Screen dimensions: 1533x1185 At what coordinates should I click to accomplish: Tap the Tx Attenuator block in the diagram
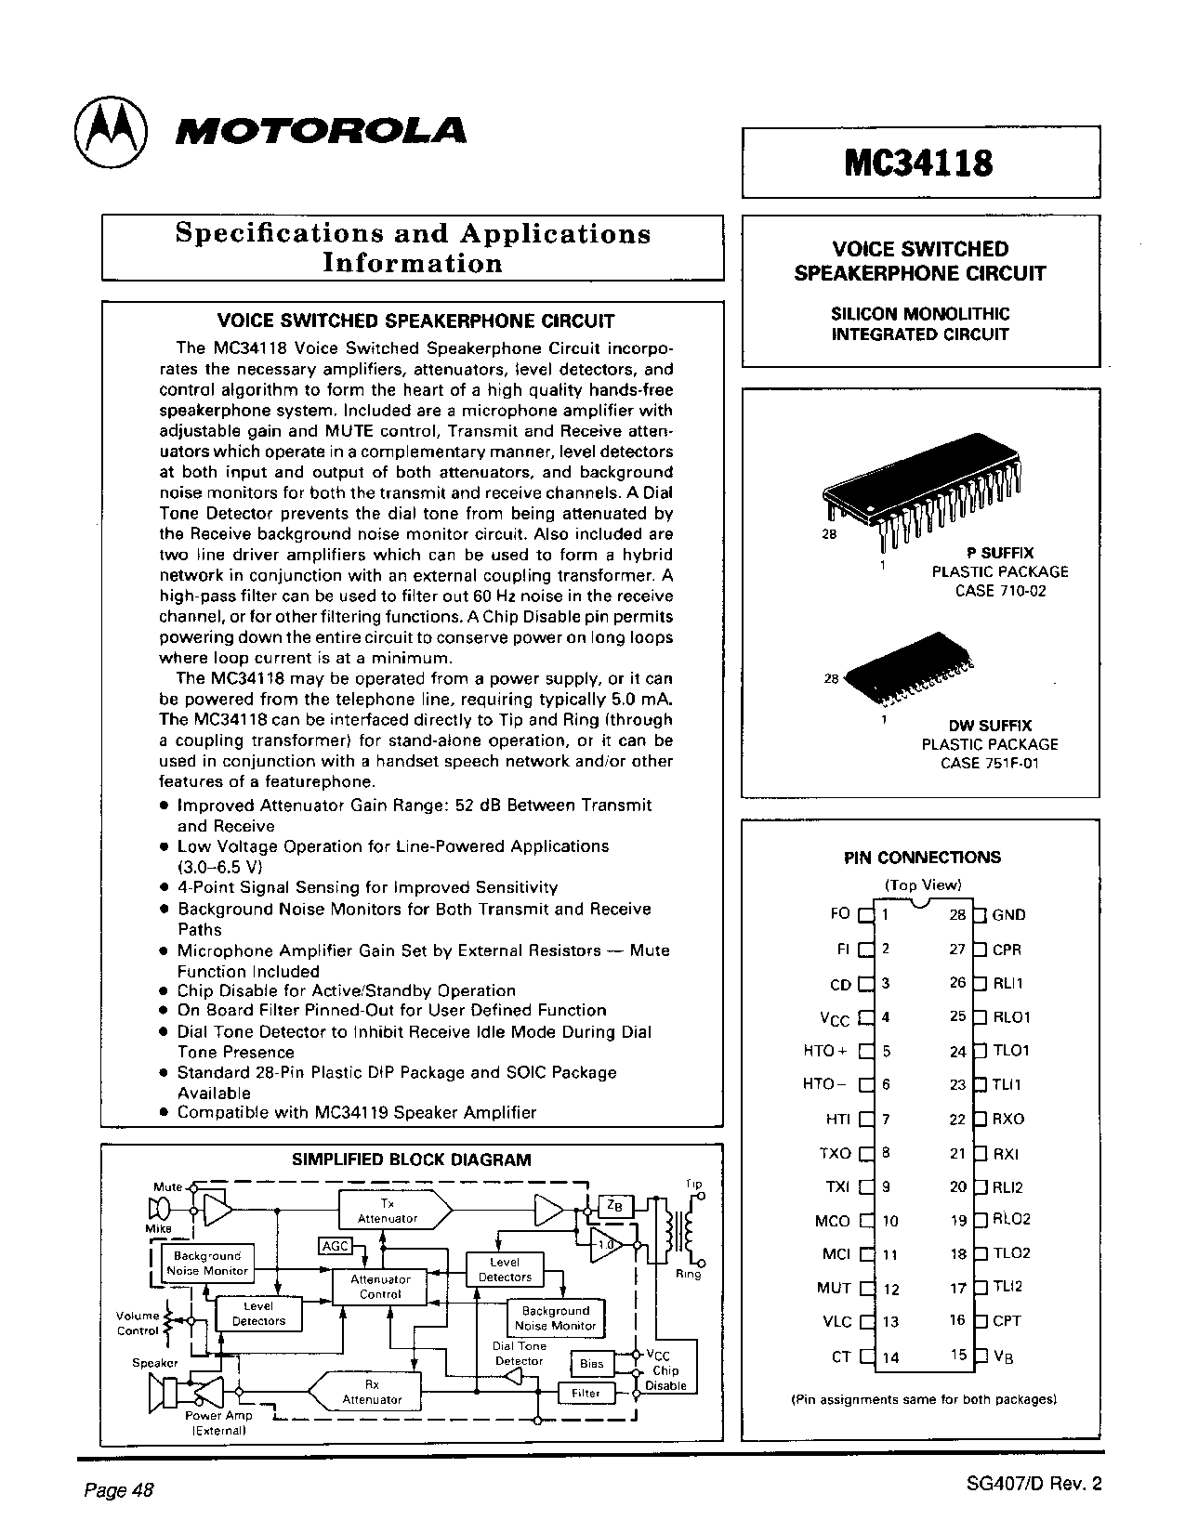point(388,1211)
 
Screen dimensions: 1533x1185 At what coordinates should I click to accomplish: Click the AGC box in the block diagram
point(335,1246)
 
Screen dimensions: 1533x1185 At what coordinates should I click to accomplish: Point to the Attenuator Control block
point(380,1287)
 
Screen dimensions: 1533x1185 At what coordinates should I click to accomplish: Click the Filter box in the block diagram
point(586,1393)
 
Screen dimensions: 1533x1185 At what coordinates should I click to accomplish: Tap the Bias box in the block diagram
point(591,1364)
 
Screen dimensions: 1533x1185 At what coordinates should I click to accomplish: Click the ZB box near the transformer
point(614,1205)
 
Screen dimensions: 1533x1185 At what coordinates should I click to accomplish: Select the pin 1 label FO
point(839,914)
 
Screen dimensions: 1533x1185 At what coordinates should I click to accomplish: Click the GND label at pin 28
point(1008,915)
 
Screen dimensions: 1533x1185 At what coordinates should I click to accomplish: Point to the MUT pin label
point(834,1288)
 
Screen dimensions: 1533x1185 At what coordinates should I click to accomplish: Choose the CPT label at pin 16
point(1007,1320)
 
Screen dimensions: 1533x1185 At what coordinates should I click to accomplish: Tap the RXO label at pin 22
point(1007,1120)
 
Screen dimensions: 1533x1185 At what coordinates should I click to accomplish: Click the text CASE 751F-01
point(989,763)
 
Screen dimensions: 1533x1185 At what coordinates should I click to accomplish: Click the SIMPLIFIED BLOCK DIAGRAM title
point(412,1160)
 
